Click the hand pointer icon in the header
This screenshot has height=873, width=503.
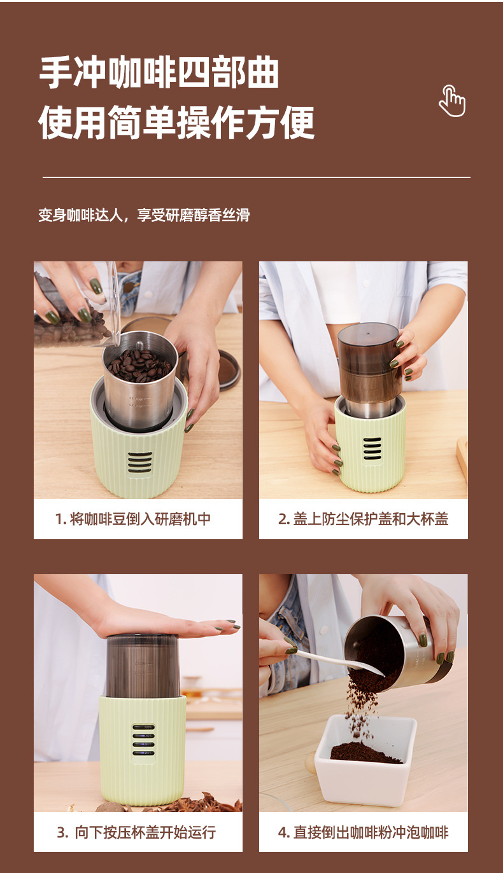click(452, 100)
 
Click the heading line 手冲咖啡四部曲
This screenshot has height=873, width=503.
click(159, 72)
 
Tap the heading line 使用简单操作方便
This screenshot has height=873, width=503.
click(176, 122)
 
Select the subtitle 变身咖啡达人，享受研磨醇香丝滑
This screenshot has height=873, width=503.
click(144, 215)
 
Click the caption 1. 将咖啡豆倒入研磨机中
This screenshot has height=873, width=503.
click(133, 519)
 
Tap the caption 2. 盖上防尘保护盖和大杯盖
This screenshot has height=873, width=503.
click(364, 519)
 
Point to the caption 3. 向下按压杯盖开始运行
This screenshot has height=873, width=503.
click(136, 832)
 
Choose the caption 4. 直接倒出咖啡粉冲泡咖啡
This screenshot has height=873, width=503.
click(364, 832)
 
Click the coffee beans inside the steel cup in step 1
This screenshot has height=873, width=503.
click(139, 365)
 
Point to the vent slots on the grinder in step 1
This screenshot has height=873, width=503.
click(139, 462)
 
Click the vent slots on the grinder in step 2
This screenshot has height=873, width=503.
click(372, 448)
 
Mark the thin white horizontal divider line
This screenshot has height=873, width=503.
click(257, 177)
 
